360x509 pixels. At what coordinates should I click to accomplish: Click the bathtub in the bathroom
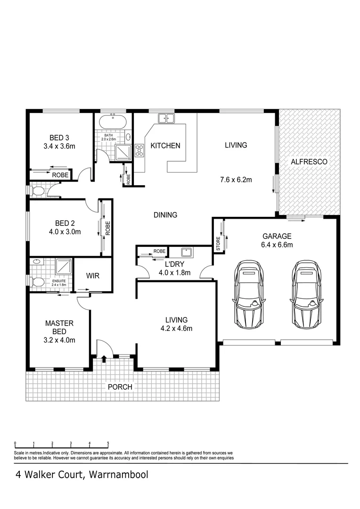(x=113, y=122)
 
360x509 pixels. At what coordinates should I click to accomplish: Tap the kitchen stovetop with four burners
(x=139, y=150)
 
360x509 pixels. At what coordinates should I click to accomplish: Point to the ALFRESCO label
(x=309, y=162)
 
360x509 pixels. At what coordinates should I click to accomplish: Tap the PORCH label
(x=120, y=387)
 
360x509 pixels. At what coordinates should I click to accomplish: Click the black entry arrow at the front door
(x=103, y=360)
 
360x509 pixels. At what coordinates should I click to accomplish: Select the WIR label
(x=93, y=276)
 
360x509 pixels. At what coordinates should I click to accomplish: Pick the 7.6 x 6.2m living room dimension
(x=236, y=180)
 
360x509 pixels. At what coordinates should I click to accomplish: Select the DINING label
(x=165, y=215)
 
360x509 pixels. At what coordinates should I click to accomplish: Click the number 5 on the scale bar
(x=108, y=443)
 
